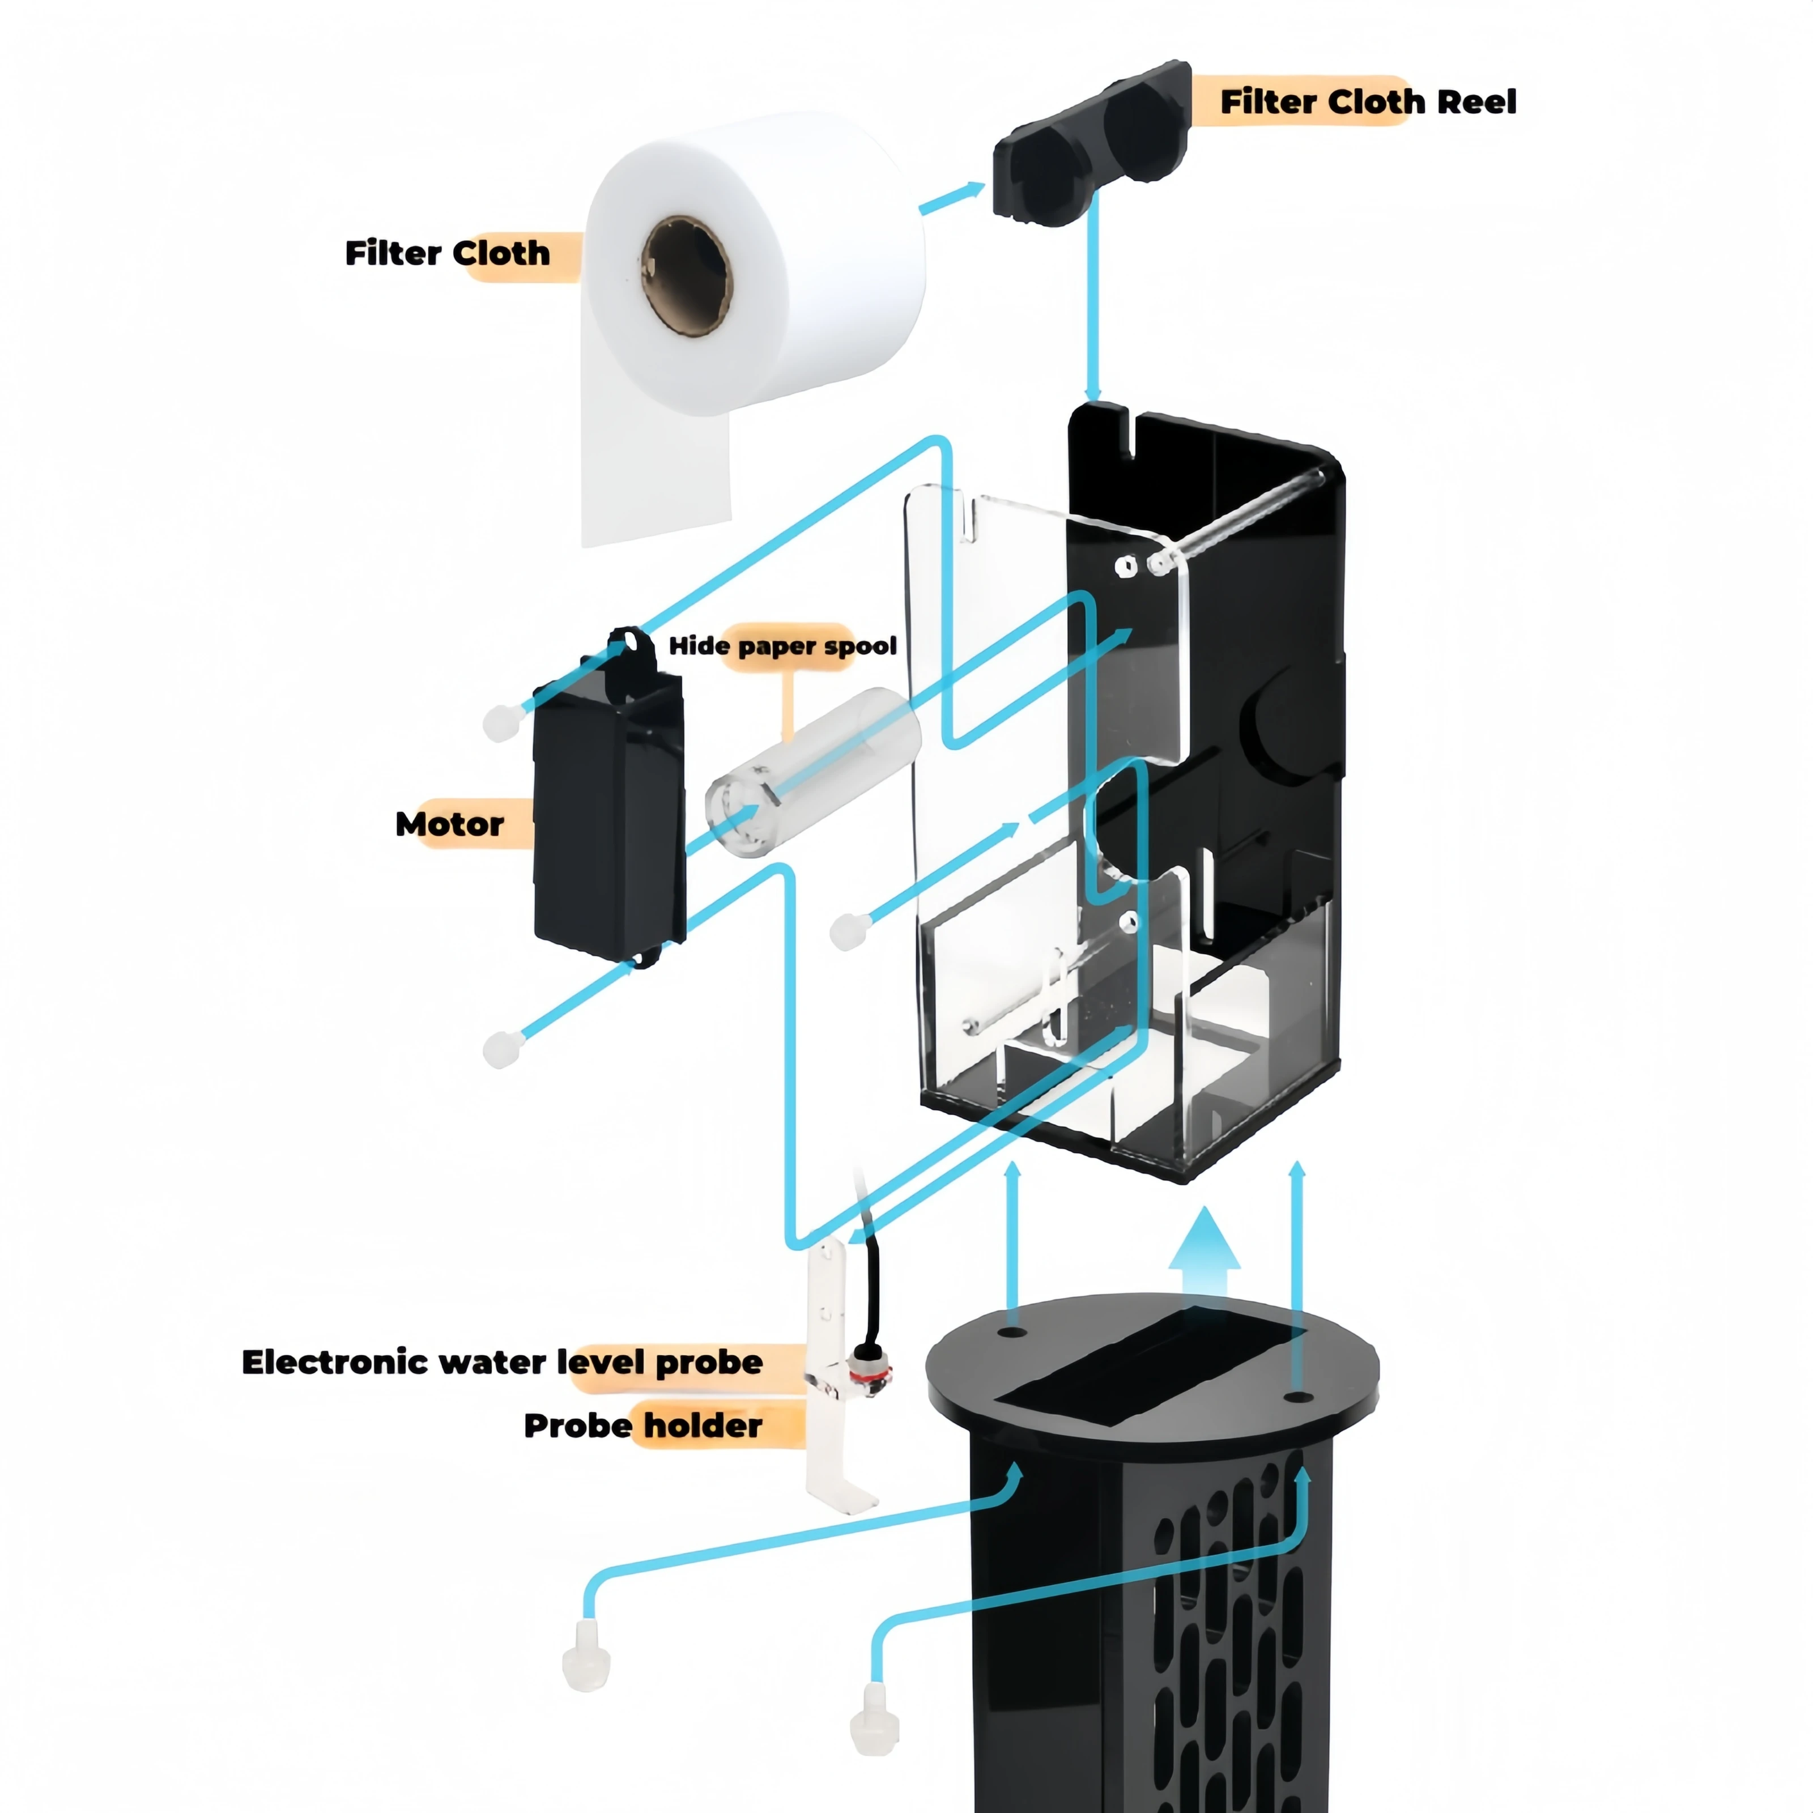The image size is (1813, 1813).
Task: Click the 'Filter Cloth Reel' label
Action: [x=1367, y=101]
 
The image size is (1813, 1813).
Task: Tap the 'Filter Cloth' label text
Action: [x=448, y=253]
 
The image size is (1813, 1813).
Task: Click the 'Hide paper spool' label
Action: [x=782, y=646]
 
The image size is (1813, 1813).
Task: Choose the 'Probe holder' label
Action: [x=643, y=1425]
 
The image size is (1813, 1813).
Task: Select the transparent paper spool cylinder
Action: [x=812, y=771]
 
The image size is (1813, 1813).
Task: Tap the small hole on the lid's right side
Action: [x=1297, y=1397]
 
